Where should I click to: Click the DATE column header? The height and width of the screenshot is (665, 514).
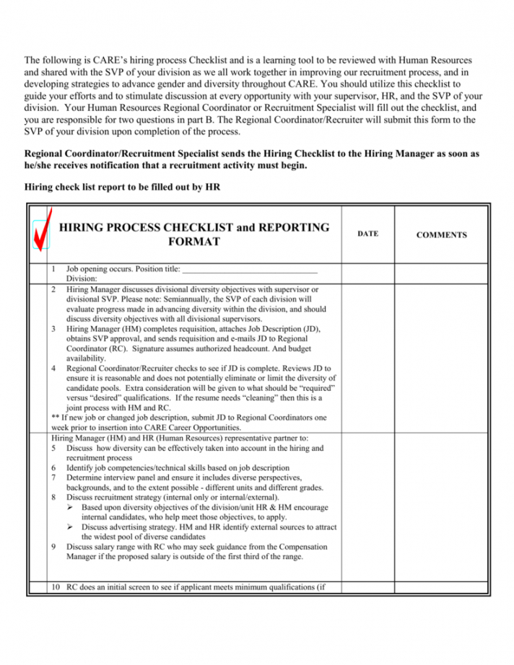coord(367,234)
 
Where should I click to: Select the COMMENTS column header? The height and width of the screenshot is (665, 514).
coord(442,234)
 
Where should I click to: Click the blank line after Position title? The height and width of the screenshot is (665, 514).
coord(250,270)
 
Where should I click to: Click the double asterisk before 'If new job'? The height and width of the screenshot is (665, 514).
coord(56,418)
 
